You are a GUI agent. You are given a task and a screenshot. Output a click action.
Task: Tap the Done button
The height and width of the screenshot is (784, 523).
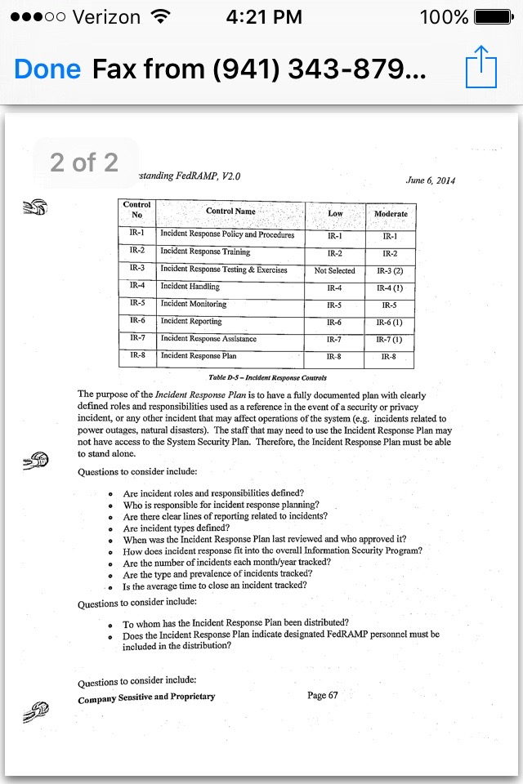click(x=47, y=69)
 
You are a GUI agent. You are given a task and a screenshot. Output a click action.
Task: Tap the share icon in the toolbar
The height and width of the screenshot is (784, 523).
click(x=481, y=69)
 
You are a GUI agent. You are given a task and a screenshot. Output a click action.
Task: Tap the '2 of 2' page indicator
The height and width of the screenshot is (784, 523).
click(x=84, y=163)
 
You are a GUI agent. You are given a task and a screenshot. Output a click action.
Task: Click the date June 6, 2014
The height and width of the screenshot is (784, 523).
click(x=430, y=180)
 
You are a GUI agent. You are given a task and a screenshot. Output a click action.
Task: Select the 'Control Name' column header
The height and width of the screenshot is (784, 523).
click(x=231, y=212)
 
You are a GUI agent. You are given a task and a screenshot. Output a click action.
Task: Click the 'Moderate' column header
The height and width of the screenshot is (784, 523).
click(x=391, y=214)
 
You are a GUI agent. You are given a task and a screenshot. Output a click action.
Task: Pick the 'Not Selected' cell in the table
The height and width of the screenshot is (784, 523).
click(x=334, y=270)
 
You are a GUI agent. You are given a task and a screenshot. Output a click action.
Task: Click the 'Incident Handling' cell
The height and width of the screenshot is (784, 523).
click(x=190, y=287)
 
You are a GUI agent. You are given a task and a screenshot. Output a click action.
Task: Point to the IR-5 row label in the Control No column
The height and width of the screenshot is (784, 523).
click(x=136, y=303)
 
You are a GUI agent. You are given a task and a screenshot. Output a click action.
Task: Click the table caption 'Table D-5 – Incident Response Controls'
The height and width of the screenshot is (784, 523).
click(x=267, y=378)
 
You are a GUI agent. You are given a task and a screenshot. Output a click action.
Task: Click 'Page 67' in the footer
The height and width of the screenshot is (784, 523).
click(x=322, y=695)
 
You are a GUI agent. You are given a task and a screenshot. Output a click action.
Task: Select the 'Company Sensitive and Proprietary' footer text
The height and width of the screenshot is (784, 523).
click(x=146, y=697)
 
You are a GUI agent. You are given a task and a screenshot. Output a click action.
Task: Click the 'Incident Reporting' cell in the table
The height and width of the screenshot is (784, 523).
click(x=191, y=322)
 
